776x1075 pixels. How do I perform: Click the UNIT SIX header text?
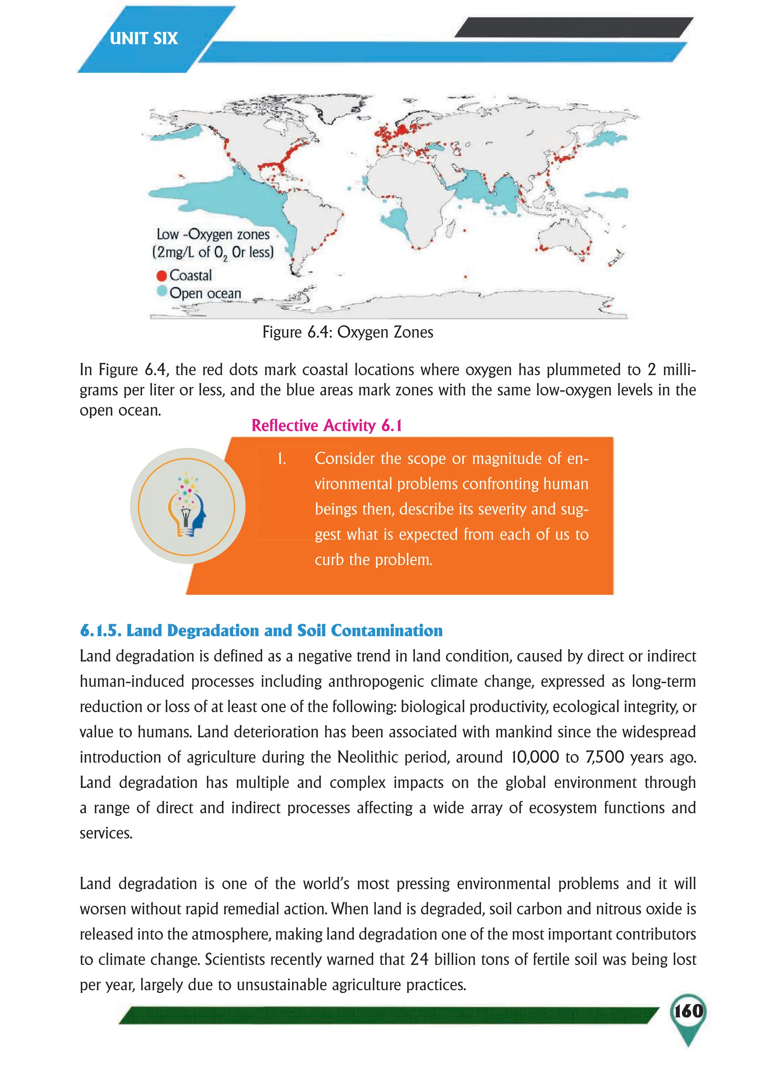click(144, 38)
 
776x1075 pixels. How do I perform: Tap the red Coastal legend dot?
click(161, 275)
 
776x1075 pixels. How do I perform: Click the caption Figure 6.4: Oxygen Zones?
click(348, 332)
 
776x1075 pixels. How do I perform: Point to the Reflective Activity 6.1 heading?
click(326, 425)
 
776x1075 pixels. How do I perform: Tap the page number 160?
click(688, 1011)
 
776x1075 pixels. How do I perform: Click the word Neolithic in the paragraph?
click(367, 757)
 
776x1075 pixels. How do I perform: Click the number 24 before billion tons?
click(419, 959)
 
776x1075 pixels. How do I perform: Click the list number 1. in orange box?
click(282, 458)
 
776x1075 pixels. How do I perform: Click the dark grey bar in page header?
click(573, 27)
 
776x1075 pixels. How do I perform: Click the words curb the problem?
click(373, 560)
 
